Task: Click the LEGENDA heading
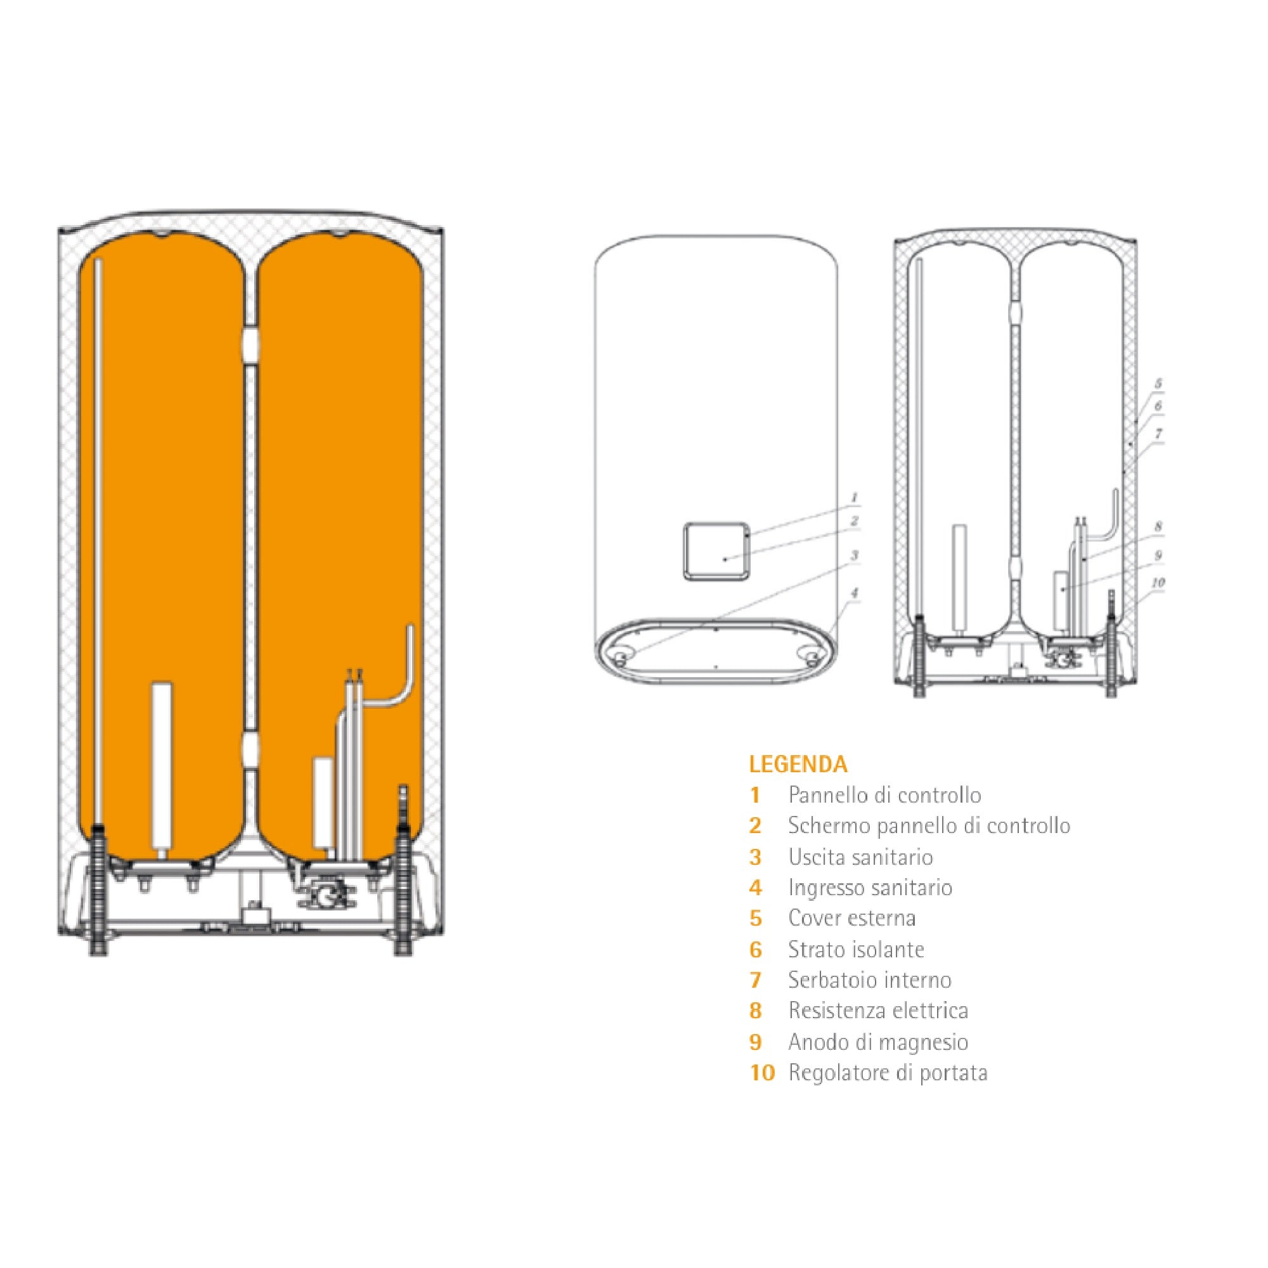pos(798,765)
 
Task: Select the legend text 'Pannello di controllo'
pos(884,796)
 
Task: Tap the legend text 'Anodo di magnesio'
pos(878,1042)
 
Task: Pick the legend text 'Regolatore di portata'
pos(888,1073)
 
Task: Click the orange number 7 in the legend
pos(756,980)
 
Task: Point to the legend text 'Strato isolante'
pos(857,949)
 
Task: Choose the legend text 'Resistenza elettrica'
pos(879,1011)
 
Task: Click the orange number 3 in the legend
pos(756,857)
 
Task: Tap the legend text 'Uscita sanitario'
pos(860,857)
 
